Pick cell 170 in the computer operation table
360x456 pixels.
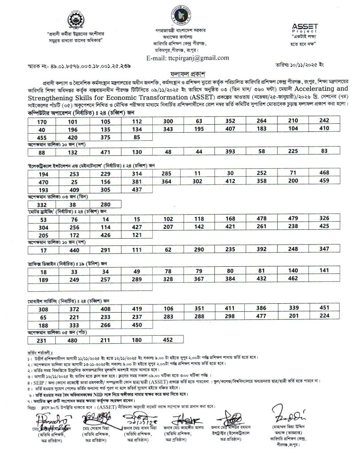[43, 122]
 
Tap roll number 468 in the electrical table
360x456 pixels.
[324, 173]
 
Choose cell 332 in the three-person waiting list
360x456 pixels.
[43, 204]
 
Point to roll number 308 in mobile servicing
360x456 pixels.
[43, 309]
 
